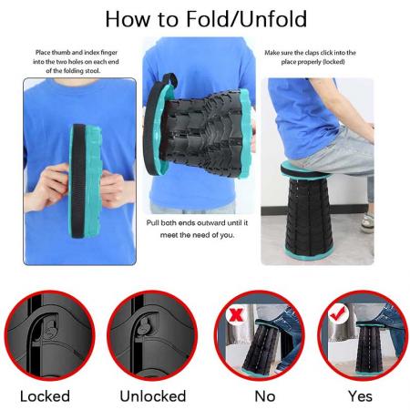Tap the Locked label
tap(46, 395)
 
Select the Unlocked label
tap(153, 395)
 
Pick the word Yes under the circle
tap(360, 395)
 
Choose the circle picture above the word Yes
tap(360, 336)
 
